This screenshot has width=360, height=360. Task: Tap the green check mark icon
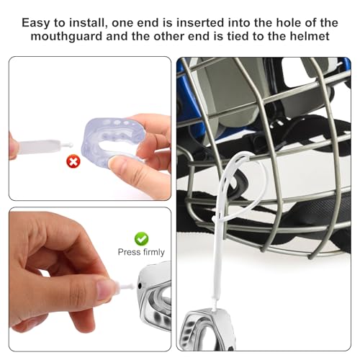[x=142, y=238]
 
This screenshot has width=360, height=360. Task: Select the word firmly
[x=153, y=252]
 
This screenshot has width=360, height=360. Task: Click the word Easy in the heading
[x=37, y=22]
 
